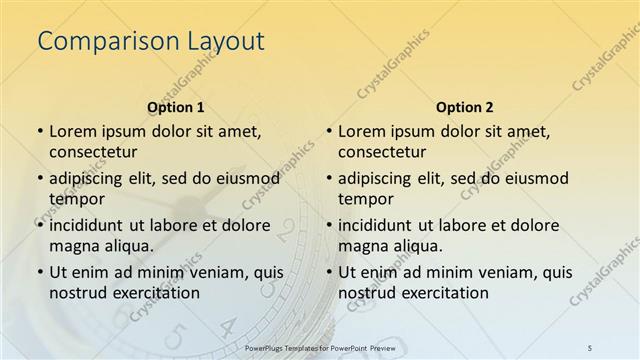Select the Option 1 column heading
tap(176, 106)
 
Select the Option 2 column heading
tap(465, 106)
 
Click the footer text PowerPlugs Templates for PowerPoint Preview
tap(319, 346)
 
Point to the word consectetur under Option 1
tap(98, 151)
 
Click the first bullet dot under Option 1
tap(39, 132)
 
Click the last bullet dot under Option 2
tap(328, 273)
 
